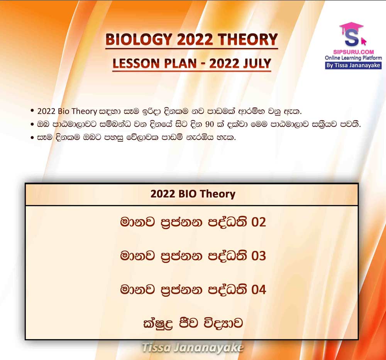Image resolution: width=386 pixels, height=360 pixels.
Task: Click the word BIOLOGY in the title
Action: point(139,39)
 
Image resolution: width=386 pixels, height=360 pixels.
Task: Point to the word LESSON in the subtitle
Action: point(136,63)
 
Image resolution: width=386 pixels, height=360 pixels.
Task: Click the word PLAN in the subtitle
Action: point(180,63)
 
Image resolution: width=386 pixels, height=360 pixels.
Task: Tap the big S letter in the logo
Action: point(352,38)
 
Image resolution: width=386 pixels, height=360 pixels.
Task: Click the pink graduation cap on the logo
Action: point(351,27)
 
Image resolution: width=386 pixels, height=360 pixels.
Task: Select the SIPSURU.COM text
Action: point(354,52)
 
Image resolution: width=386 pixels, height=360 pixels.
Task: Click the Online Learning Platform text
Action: point(353,58)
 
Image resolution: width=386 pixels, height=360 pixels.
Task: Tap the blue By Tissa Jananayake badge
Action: point(353,66)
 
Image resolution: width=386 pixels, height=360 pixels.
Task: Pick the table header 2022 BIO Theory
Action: point(193,194)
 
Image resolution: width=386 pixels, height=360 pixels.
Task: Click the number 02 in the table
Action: point(259,222)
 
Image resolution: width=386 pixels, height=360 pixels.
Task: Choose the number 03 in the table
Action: point(259,256)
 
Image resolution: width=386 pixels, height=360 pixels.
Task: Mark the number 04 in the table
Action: point(259,290)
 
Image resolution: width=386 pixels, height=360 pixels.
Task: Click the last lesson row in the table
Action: point(193,323)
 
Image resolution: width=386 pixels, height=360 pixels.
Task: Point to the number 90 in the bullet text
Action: point(210,124)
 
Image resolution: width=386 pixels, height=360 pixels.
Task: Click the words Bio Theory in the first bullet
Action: point(77,111)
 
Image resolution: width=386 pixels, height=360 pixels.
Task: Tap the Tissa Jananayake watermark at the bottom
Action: point(193,348)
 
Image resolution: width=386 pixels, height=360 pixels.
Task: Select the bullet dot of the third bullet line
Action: point(32,138)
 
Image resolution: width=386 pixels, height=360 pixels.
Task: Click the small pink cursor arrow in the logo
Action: point(363,41)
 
